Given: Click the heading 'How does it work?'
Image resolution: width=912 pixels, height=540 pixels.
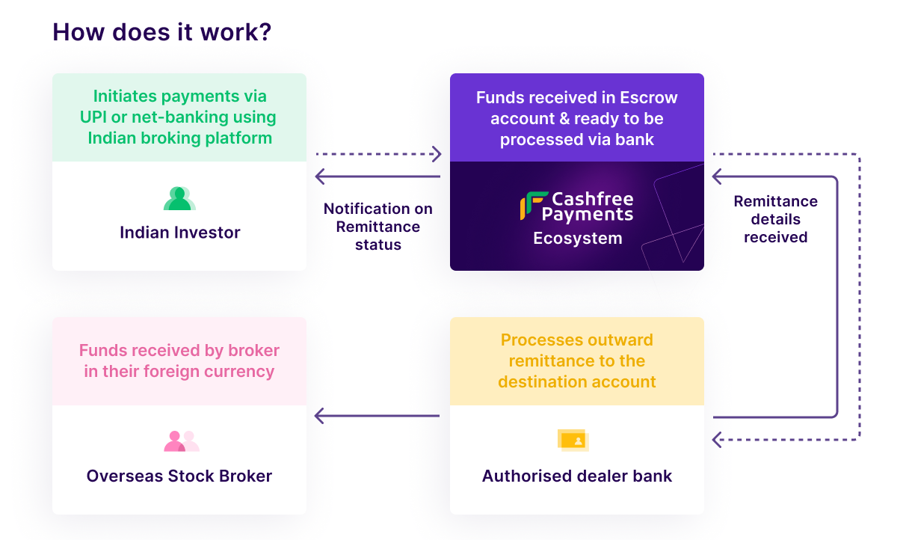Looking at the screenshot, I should click(161, 33).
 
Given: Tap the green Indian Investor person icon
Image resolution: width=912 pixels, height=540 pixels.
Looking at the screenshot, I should click(179, 198).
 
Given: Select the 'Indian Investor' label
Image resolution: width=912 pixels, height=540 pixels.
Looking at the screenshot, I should click(179, 233).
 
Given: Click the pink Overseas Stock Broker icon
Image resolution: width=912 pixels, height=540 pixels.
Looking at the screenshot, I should click(181, 441).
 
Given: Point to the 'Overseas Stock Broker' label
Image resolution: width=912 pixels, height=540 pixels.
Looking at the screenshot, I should click(179, 476).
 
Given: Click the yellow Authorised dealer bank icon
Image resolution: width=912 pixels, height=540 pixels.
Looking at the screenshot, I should click(573, 441).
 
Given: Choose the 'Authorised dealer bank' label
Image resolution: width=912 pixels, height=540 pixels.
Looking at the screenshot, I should click(577, 476).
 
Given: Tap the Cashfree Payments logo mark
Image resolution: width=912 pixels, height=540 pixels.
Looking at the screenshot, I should click(533, 206).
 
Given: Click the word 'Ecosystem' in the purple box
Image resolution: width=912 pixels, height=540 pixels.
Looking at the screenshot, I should click(577, 239).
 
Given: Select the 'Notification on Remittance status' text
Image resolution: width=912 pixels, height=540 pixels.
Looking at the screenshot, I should click(378, 227).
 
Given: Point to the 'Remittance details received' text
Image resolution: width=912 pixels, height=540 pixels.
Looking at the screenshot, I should click(775, 219).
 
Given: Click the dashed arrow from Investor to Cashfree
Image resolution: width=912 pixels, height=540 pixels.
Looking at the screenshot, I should click(378, 155).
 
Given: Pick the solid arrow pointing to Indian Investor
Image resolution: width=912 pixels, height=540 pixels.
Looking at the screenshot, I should click(377, 177).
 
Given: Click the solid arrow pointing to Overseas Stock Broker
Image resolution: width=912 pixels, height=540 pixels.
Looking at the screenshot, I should click(377, 416).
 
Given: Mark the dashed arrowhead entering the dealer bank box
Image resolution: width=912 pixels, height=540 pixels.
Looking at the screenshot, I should click(717, 440).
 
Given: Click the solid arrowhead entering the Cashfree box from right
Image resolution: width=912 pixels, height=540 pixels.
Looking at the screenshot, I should click(717, 177).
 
